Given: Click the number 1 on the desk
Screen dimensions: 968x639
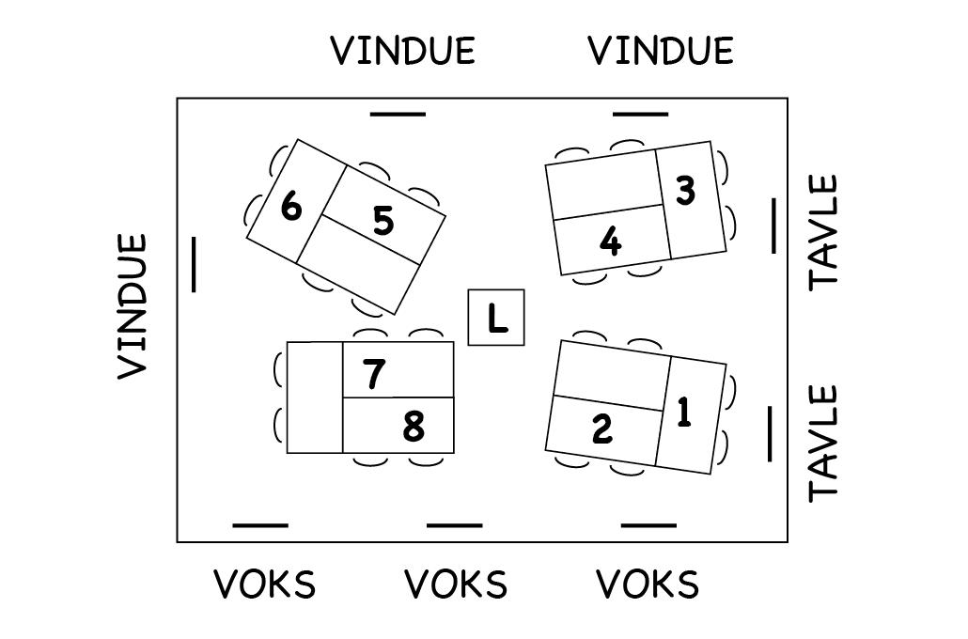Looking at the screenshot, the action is click(x=684, y=413).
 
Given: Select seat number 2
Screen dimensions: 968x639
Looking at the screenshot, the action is click(x=602, y=429).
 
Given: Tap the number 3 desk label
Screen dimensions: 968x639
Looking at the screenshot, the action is click(x=685, y=191).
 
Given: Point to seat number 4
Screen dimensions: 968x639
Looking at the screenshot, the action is click(x=610, y=242).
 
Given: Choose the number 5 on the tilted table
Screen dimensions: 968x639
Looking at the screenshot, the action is click(x=383, y=222).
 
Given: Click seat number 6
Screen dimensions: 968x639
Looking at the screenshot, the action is click(x=291, y=207).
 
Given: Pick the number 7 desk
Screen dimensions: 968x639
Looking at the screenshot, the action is click(x=374, y=374).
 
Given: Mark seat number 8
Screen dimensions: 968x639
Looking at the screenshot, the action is click(x=413, y=428).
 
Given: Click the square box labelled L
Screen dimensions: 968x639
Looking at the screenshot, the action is click(x=496, y=318).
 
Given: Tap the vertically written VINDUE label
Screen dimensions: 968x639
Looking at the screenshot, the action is click(x=133, y=306).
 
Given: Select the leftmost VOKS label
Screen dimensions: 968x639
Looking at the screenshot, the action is click(x=265, y=585).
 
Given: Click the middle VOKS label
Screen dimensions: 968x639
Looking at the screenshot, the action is click(x=456, y=585).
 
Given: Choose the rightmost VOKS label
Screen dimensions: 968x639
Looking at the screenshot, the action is click(x=648, y=585).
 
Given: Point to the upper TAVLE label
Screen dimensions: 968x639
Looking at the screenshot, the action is click(x=823, y=230).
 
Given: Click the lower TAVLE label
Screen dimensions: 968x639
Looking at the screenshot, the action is click(x=823, y=442).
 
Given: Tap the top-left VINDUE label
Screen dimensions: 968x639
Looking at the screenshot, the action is click(x=403, y=51).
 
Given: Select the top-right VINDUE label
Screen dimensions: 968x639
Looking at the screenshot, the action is click(x=661, y=51).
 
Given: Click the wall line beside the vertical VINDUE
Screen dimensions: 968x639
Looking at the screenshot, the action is click(x=195, y=264).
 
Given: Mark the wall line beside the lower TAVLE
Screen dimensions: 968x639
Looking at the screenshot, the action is click(x=770, y=433).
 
